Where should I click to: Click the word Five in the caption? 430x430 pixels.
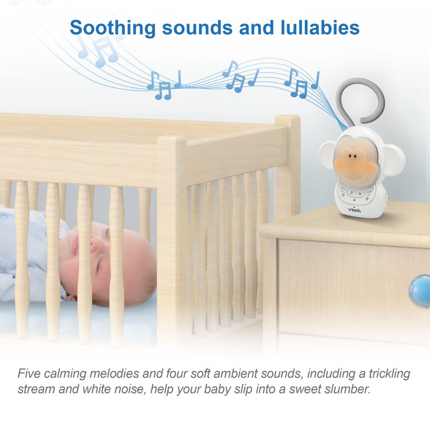29,374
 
